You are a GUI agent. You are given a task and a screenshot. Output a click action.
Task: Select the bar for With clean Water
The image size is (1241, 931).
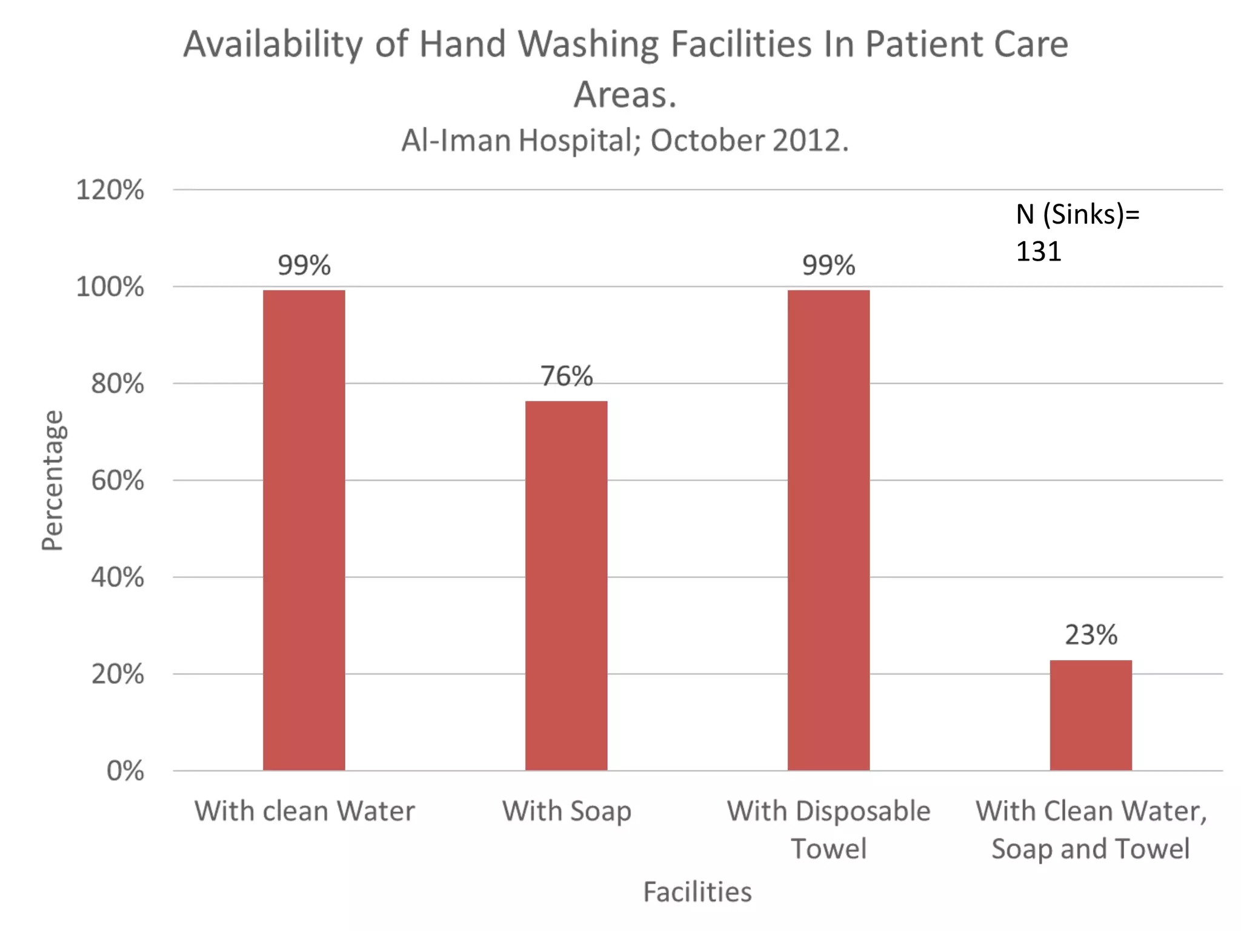(x=304, y=530)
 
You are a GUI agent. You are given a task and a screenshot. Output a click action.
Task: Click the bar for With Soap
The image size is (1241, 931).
(x=566, y=586)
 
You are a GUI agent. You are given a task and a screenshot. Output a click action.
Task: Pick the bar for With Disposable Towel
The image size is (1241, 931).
(x=828, y=530)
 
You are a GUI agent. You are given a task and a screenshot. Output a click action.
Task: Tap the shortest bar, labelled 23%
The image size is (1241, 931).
(x=1091, y=715)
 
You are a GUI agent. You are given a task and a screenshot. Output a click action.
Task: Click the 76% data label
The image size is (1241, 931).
(x=566, y=376)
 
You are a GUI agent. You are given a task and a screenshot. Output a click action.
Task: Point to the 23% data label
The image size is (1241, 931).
(x=1091, y=635)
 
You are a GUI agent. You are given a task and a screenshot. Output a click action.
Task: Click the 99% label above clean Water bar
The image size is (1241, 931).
(x=304, y=265)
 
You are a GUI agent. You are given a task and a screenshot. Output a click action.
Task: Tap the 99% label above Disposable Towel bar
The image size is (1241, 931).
(x=828, y=265)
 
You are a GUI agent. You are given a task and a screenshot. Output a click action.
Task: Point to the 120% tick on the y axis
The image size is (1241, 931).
(x=110, y=190)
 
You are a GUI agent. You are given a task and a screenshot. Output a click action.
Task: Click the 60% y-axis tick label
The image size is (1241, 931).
(x=117, y=481)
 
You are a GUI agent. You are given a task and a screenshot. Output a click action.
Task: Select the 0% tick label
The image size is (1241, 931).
(x=125, y=771)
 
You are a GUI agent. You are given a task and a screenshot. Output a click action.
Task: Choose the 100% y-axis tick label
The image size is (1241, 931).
(x=110, y=287)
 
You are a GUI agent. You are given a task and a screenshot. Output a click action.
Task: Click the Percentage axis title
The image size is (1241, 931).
(x=52, y=480)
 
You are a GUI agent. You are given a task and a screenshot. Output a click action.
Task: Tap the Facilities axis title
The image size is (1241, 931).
(x=697, y=892)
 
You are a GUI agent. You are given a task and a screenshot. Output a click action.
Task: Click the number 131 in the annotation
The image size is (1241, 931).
(x=1039, y=251)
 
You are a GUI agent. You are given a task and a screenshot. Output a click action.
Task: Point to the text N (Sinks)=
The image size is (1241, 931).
(x=1077, y=214)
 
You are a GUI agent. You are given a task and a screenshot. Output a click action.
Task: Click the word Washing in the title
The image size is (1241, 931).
(x=587, y=44)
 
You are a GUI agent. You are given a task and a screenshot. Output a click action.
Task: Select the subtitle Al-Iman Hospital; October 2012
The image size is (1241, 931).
(x=625, y=141)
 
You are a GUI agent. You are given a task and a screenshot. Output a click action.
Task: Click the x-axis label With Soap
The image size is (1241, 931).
(x=566, y=811)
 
